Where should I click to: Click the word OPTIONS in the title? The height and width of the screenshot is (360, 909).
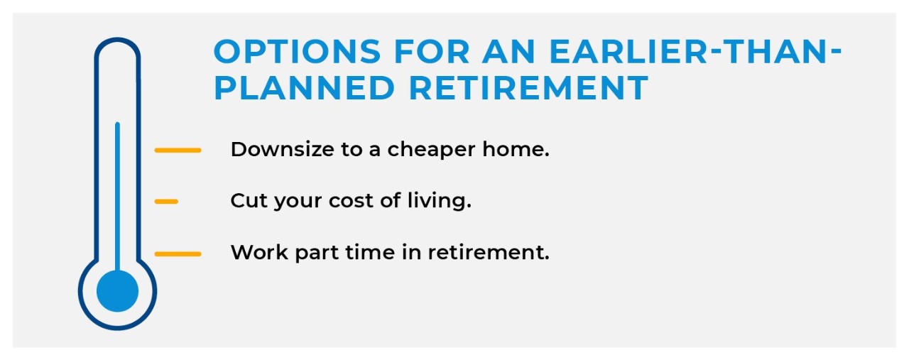click(297, 52)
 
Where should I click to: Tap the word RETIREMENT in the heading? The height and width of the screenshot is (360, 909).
click(528, 87)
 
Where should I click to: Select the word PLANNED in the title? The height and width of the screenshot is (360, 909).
click(304, 87)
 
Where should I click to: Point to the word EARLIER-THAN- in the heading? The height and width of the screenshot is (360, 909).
click(695, 52)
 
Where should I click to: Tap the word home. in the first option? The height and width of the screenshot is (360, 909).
click(516, 149)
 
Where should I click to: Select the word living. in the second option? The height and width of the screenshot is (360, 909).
click(440, 202)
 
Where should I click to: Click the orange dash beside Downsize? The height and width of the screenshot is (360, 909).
click(178, 150)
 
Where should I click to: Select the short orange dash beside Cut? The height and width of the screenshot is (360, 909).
click(166, 202)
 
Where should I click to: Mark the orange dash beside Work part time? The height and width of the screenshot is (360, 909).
click(178, 254)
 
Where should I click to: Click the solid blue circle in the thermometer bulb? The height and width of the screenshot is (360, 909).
click(117, 291)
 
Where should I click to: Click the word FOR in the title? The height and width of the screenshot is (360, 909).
click(432, 52)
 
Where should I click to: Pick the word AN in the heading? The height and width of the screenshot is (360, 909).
click(509, 52)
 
